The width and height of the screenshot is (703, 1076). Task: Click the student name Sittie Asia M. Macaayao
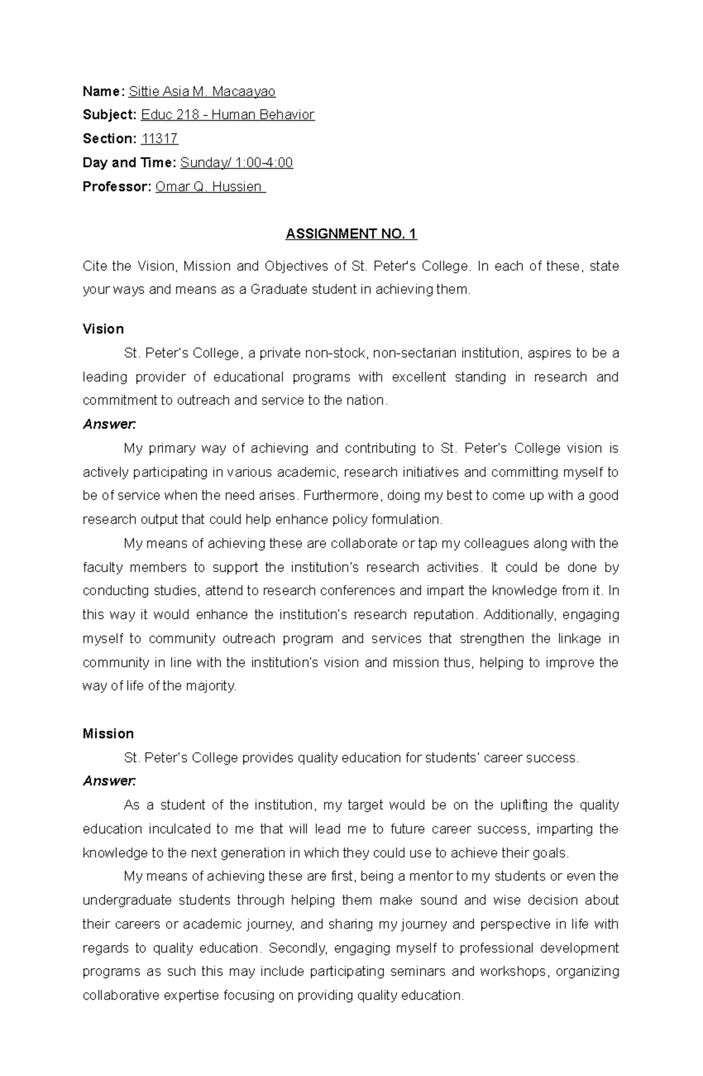click(202, 91)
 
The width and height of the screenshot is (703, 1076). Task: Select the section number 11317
click(160, 139)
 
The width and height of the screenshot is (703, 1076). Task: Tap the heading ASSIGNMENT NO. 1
click(351, 234)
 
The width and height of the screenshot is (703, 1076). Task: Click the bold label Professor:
click(117, 187)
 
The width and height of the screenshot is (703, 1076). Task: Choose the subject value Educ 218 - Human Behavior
click(228, 115)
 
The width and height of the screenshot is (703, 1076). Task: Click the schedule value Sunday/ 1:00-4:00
click(237, 163)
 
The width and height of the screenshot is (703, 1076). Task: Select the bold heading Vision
click(103, 329)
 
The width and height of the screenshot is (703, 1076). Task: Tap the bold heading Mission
click(108, 734)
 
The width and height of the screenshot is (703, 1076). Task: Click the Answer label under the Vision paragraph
click(109, 425)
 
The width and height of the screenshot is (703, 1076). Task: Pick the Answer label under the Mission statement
click(109, 781)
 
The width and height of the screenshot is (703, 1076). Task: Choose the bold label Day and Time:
click(129, 163)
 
